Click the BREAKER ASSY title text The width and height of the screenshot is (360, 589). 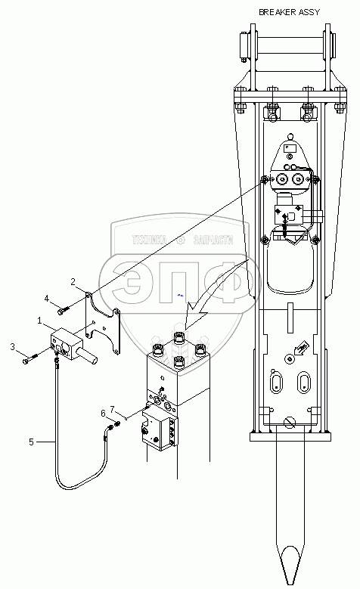click(x=289, y=12)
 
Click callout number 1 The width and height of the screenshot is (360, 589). click(x=39, y=321)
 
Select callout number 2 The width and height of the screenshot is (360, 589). click(x=73, y=282)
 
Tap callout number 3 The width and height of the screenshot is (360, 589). click(x=13, y=346)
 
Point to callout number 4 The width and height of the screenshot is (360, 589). click(x=47, y=299)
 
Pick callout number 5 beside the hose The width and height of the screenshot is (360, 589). click(x=32, y=442)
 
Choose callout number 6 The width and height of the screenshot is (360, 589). click(x=104, y=413)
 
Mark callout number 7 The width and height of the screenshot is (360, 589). click(x=112, y=409)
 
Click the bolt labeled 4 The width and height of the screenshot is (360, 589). click(x=64, y=311)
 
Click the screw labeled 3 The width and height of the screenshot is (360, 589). click(x=31, y=358)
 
